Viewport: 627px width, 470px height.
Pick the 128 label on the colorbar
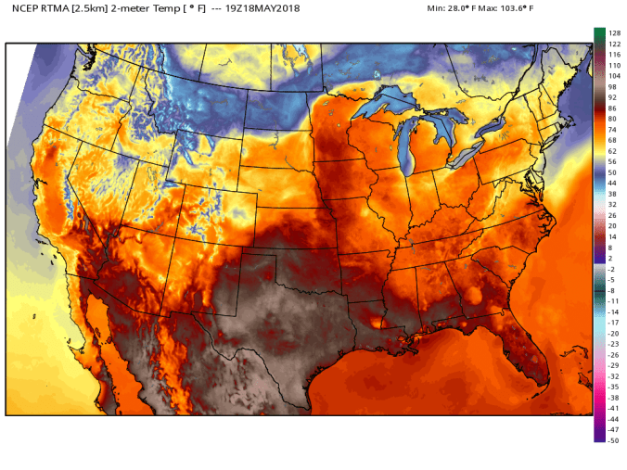614,32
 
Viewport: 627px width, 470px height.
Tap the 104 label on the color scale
614,76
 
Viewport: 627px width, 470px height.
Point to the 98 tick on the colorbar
612,86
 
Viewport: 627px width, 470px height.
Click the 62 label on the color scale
612,150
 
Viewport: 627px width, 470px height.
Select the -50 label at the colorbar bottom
613,440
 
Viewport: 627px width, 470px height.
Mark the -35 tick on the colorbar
613,387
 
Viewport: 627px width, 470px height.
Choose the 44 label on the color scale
612,183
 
